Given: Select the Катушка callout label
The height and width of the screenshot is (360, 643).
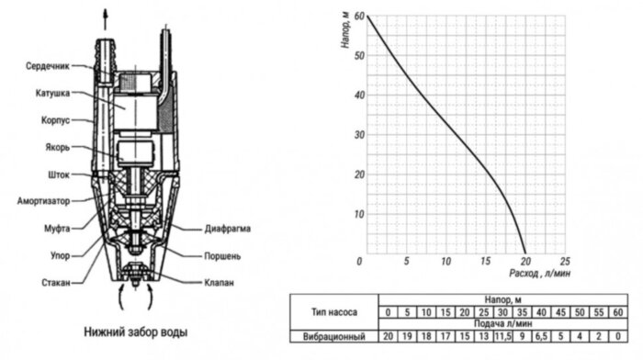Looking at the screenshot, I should pos(58,92).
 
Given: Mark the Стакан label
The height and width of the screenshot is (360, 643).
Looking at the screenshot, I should pos(57,282).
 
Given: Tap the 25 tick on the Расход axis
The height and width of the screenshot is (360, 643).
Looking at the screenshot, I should pos(566,262).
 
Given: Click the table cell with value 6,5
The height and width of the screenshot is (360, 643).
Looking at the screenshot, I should pos(541,335).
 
